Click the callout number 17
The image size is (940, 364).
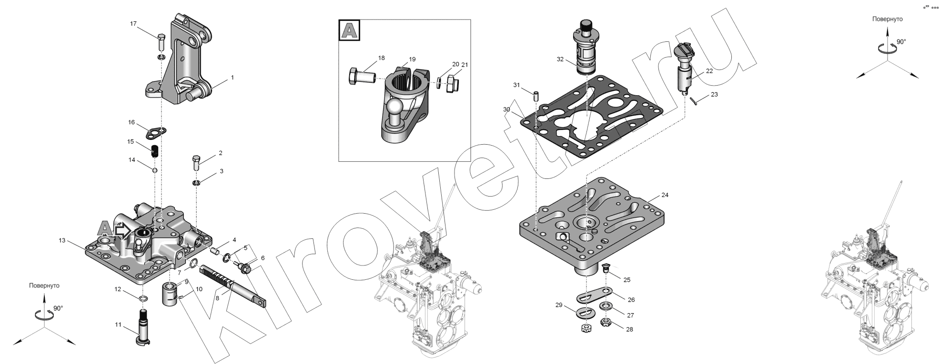pyautogui.click(x=134, y=23)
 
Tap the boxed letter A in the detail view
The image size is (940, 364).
pyautogui.click(x=349, y=31)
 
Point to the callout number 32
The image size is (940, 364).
pyautogui.click(x=560, y=59)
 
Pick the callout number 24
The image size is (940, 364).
pyautogui.click(x=665, y=195)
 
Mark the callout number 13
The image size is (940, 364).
pyautogui.click(x=62, y=241)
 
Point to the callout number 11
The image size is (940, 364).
pyautogui.click(x=118, y=325)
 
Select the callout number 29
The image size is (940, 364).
pyautogui.click(x=559, y=305)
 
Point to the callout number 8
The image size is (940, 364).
pyautogui.click(x=217, y=298)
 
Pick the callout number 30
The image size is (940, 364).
pyautogui.click(x=506, y=109)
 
